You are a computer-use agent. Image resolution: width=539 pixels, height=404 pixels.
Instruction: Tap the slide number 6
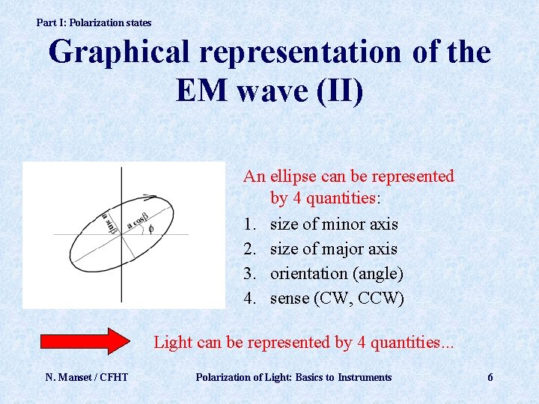[490, 377]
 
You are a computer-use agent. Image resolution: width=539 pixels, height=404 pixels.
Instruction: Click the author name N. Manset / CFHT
[86, 377]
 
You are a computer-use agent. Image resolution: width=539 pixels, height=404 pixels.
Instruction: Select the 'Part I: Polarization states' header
[94, 22]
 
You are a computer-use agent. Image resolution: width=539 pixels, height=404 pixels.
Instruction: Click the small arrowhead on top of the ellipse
[150, 198]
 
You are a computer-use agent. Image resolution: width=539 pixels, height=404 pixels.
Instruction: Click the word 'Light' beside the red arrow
[171, 342]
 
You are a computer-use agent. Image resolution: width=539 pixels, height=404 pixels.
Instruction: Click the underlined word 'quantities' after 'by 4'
[341, 199]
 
